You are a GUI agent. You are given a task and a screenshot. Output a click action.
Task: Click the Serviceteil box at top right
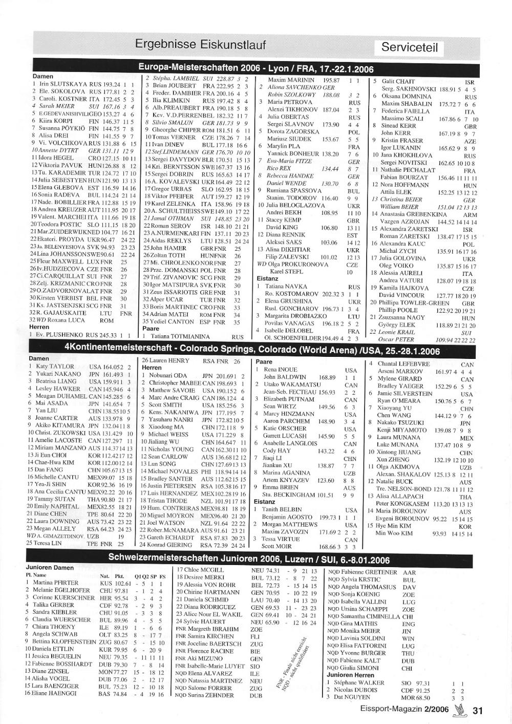410,48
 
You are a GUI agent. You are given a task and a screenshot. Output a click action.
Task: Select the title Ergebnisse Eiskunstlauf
200,45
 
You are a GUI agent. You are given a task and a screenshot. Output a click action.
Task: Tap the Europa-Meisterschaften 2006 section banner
256,69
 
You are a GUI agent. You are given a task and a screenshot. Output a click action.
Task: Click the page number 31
478,710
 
